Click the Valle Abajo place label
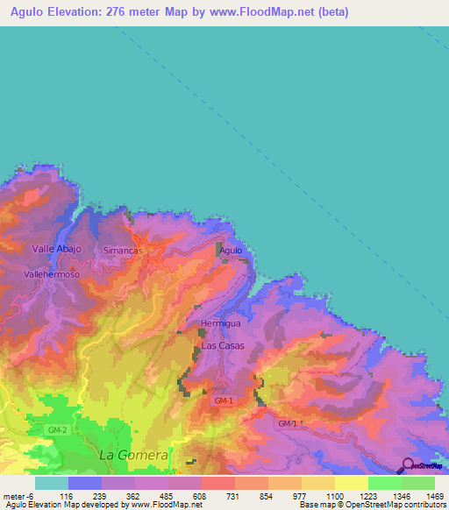coord(56,249)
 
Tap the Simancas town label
coord(123,251)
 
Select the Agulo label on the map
coord(231,251)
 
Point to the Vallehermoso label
coord(52,274)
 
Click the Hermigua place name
coord(220,323)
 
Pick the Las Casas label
coord(223,346)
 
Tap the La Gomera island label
coord(133,456)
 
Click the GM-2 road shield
coord(59,430)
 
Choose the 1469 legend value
coord(424,496)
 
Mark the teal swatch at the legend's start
coord(52,483)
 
